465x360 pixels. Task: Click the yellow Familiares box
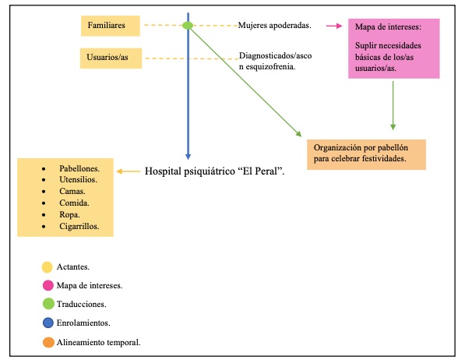[111, 26]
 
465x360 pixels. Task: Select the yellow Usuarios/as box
[111, 58]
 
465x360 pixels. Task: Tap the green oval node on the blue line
[188, 26]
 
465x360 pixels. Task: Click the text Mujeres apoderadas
[275, 26]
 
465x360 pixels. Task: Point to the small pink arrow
[334, 26]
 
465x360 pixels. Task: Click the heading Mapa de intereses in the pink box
[387, 27]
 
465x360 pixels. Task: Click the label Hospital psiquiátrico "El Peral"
[215, 169]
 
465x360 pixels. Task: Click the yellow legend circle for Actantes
[48, 267]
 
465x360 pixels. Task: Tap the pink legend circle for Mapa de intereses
[48, 286]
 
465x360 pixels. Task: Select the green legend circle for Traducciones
[48, 305]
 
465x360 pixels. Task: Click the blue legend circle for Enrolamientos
[48, 323]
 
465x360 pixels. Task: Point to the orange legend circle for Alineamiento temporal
[48, 341]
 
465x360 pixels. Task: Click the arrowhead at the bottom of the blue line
[188, 155]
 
